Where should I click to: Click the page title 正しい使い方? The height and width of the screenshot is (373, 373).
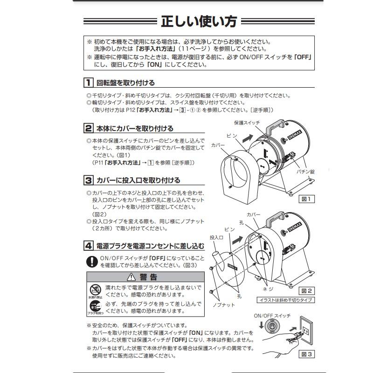click(x=199, y=22)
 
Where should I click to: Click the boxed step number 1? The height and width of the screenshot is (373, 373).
click(x=88, y=83)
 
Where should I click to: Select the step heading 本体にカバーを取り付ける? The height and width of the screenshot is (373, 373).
click(x=134, y=128)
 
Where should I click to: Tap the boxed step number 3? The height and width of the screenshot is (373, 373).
click(x=88, y=180)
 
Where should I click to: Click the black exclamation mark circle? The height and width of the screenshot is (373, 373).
click(x=92, y=261)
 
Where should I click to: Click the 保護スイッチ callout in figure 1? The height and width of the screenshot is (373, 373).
click(x=246, y=122)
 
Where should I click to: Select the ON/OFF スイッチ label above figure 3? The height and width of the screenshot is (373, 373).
click(x=272, y=316)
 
